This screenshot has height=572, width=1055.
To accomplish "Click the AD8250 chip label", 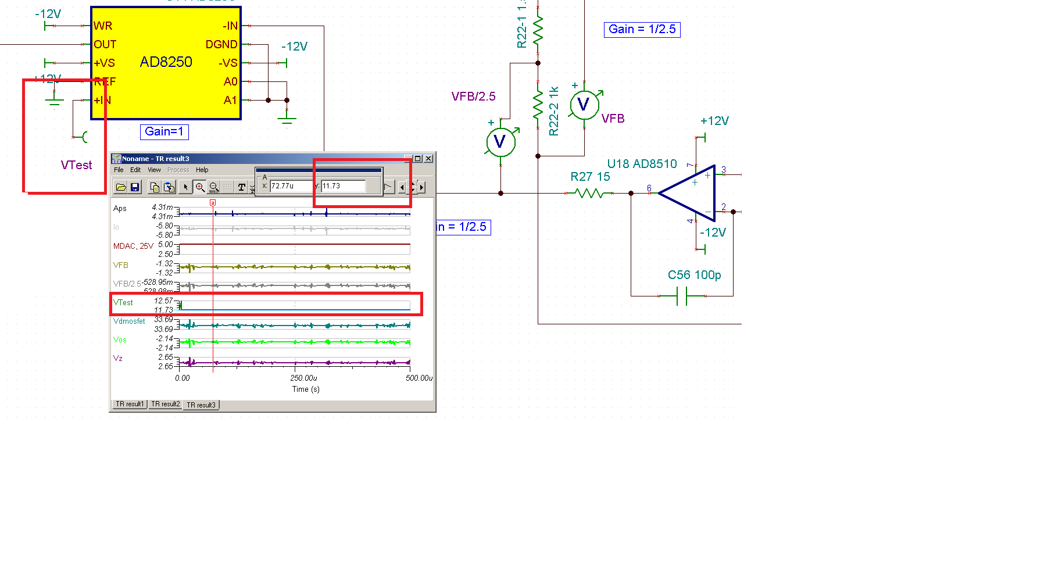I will click(x=166, y=62).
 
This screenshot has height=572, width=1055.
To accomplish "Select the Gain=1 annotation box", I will click(x=164, y=132).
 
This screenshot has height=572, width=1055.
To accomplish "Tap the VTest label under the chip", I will click(x=76, y=165).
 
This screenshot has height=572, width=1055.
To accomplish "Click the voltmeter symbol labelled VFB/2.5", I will click(x=500, y=142).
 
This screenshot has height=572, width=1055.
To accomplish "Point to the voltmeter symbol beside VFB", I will click(x=584, y=105).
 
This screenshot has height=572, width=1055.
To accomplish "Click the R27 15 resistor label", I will click(x=590, y=177).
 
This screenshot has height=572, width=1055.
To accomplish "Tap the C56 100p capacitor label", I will click(x=694, y=275).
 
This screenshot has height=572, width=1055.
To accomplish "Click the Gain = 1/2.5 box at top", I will click(x=642, y=30).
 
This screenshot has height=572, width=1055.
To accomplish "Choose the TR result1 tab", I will click(x=129, y=404).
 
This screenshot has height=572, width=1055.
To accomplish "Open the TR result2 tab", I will click(x=165, y=404).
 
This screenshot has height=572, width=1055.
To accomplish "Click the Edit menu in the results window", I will click(x=135, y=170).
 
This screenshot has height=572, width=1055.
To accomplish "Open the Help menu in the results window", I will click(x=202, y=170).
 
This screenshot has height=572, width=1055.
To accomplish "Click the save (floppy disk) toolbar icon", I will click(x=135, y=187).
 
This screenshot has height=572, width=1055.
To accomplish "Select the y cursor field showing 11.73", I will click(x=343, y=186).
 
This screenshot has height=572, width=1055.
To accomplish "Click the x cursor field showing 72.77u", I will click(x=291, y=186).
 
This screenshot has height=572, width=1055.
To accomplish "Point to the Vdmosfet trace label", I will click(x=129, y=321).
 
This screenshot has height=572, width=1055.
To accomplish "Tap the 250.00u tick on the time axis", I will click(x=303, y=378).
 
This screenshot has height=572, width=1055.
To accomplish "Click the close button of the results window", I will click(x=428, y=159).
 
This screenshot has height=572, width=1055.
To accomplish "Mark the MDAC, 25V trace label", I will click(x=133, y=246).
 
